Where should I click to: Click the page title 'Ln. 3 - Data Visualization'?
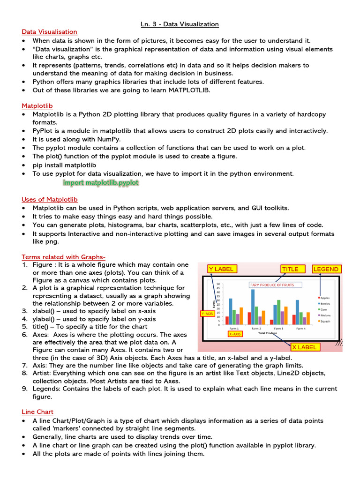180,24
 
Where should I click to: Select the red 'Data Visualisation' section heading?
49,32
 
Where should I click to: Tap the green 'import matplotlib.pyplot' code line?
101,182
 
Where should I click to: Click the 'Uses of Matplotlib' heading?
50,200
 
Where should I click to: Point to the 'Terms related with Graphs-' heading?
63,257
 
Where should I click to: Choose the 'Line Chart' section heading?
37,412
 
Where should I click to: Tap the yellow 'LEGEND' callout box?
326,269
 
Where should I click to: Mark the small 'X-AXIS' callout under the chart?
235,334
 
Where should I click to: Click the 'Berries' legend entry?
325,303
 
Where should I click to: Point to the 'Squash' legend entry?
325,321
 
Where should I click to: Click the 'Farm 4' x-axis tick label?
300,329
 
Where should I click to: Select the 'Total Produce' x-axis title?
268,333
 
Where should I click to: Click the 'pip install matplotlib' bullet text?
64,165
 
